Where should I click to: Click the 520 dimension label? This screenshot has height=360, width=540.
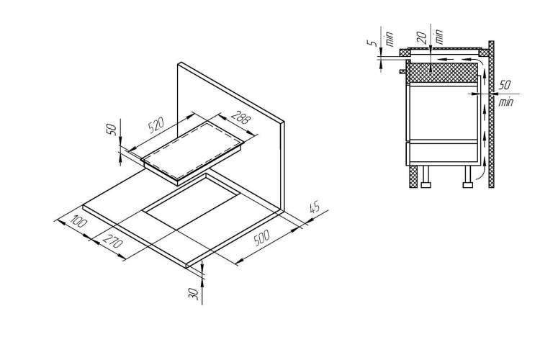pos(156,125)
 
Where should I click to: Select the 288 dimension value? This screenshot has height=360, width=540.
pos(240,118)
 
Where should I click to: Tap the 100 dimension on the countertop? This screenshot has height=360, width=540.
pos(78,221)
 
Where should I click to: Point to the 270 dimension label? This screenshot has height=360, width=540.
pos(112,241)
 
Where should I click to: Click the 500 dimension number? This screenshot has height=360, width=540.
pos(261,238)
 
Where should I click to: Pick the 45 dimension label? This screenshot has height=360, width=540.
pos(315,208)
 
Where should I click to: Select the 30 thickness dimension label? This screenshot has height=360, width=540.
pos(194,294)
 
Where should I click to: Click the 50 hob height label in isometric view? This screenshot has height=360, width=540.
pos(112,129)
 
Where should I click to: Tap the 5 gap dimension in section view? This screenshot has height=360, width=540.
pos(372,42)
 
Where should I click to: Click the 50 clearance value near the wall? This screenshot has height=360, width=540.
pos(505,85)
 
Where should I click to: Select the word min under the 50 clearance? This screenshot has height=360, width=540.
pos(506,102)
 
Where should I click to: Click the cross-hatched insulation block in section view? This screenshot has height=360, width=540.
pos(443,73)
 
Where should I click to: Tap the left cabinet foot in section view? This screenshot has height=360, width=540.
pos(426,176)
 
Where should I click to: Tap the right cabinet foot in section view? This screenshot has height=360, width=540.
pos(468,176)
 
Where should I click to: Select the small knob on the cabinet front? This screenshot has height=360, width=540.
pos(402,72)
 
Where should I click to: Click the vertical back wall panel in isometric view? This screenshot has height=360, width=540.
pos(230,136)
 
